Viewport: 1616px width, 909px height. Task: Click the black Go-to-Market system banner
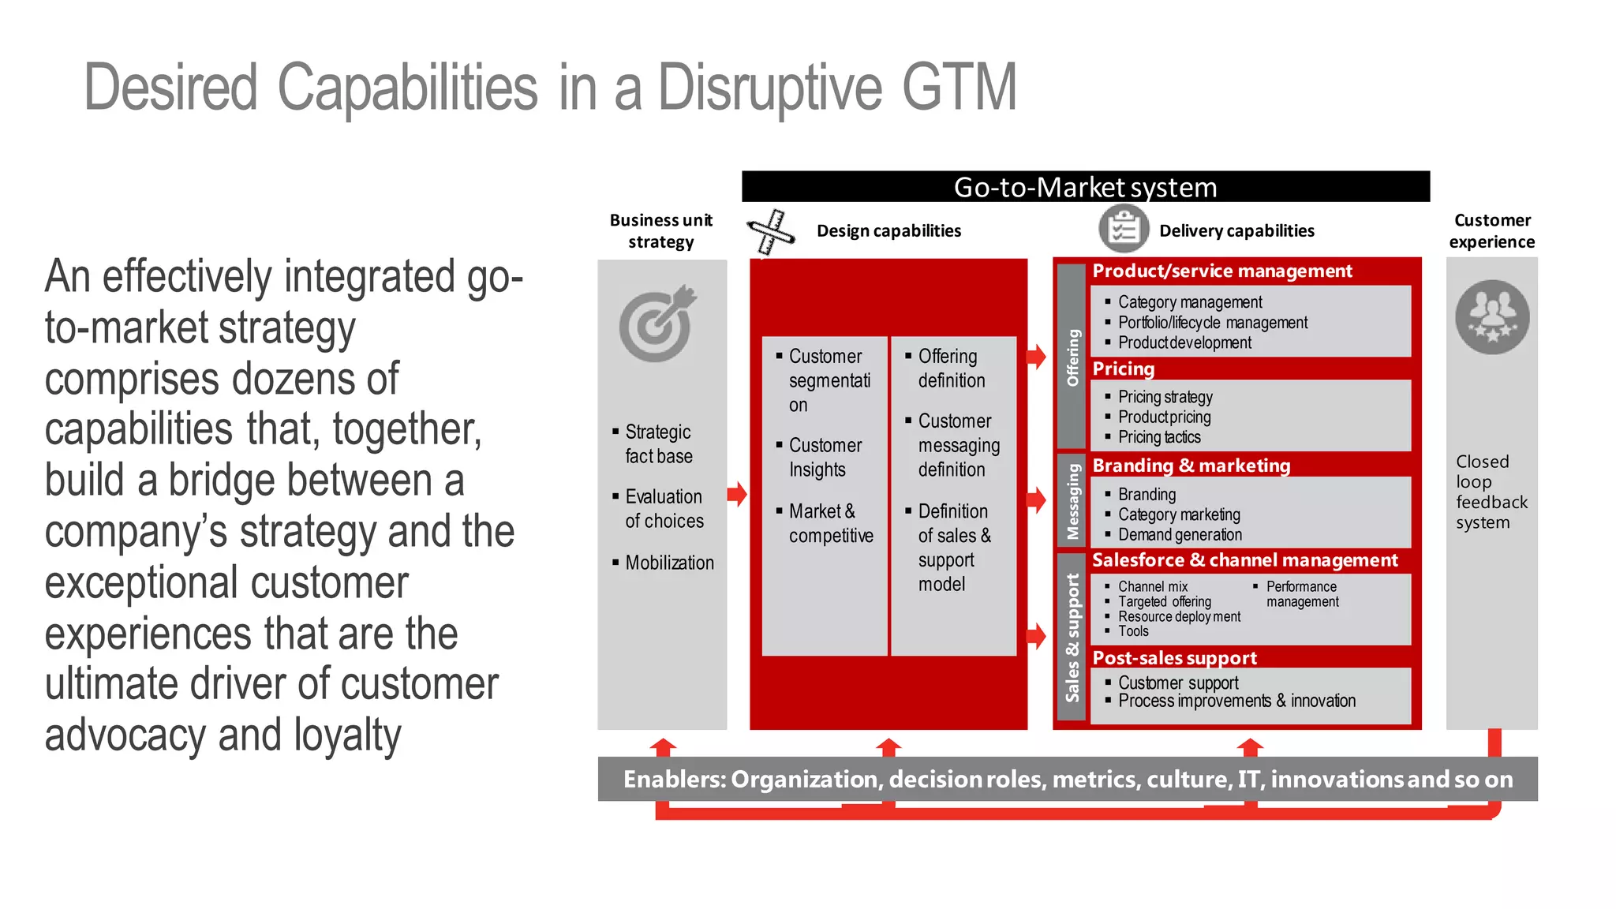(1085, 187)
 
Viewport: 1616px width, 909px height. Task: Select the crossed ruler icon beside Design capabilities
(770, 232)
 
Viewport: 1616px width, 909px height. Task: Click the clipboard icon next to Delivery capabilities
(1123, 230)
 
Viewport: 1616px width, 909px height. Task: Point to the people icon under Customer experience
(1491, 316)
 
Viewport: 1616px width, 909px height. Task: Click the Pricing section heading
(1123, 369)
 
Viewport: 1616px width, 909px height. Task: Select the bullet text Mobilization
(669, 563)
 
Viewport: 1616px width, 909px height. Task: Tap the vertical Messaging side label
(1072, 501)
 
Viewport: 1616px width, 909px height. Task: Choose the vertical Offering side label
(1072, 357)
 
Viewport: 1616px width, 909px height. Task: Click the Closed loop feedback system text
(1490, 492)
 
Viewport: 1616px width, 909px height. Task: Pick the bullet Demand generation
(1180, 535)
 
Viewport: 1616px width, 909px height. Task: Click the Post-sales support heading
(1174, 658)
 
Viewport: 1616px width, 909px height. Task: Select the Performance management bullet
(1302, 594)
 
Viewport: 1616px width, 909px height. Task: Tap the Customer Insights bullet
(825, 458)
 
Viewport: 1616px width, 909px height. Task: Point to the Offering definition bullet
(951, 368)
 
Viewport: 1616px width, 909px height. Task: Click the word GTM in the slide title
(959, 87)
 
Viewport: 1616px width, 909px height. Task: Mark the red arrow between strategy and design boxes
(737, 495)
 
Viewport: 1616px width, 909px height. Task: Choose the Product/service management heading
(1221, 271)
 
